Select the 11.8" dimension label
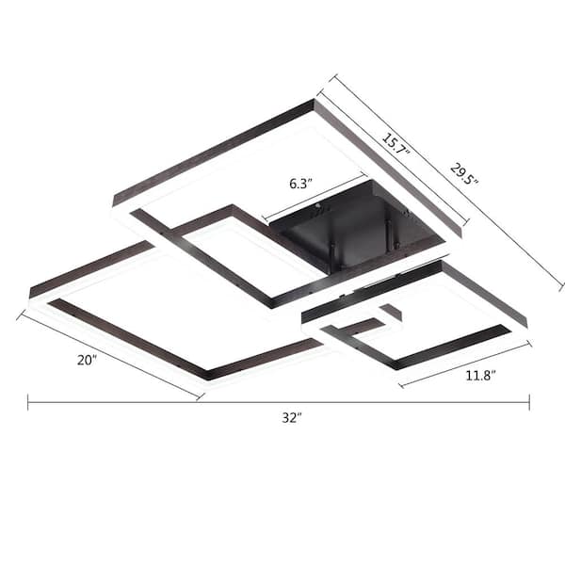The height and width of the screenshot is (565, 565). pyautogui.click(x=480, y=376)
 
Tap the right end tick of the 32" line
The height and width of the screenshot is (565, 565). pyautogui.click(x=529, y=402)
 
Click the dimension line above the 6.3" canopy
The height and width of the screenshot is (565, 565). pyautogui.click(x=315, y=197)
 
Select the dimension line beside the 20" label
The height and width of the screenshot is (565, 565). pyautogui.click(x=108, y=356)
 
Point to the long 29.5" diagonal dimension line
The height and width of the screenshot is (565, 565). pyautogui.click(x=443, y=179)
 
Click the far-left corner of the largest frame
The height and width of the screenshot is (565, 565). pyautogui.click(x=30, y=294)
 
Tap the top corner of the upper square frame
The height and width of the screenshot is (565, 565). pyautogui.click(x=314, y=101)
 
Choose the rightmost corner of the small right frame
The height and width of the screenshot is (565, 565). pyautogui.click(x=526, y=324)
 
